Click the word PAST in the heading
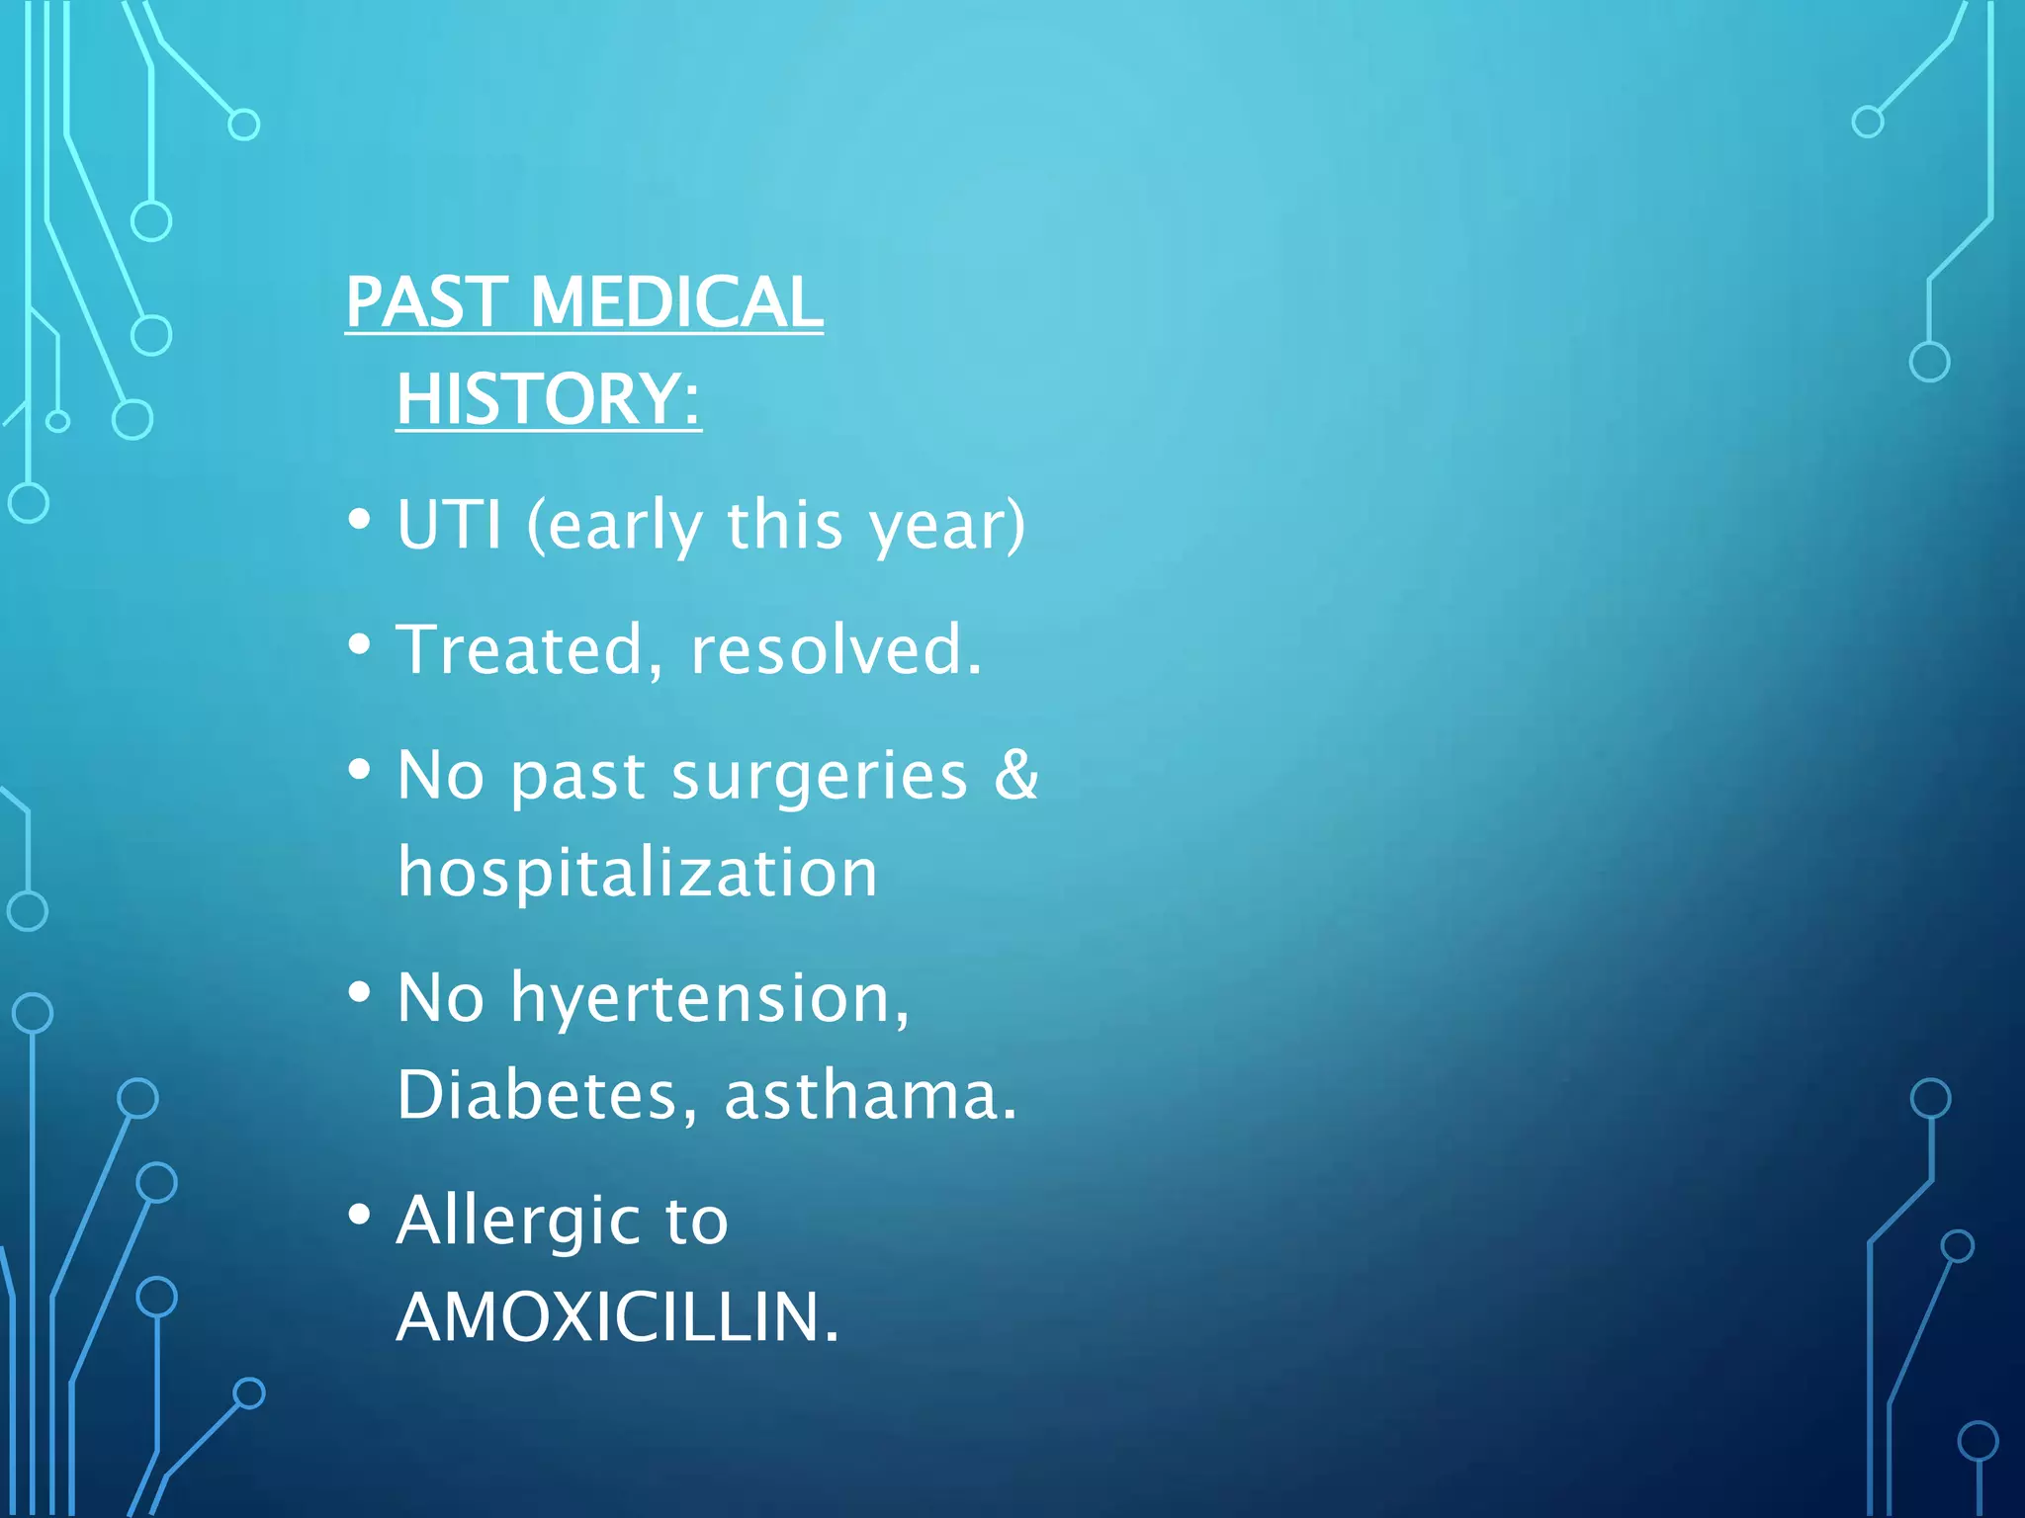tap(426, 302)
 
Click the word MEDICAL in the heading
tap(676, 302)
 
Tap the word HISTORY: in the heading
tap(549, 399)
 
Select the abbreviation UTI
tap(449, 525)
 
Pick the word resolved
tap(836, 650)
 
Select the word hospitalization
tap(638, 874)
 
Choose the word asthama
tap(870, 1096)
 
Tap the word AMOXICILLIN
tap(618, 1317)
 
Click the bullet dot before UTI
tap(360, 519)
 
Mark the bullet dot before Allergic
tap(360, 1215)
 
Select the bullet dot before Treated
tap(360, 644)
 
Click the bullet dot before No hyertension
tap(360, 991)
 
